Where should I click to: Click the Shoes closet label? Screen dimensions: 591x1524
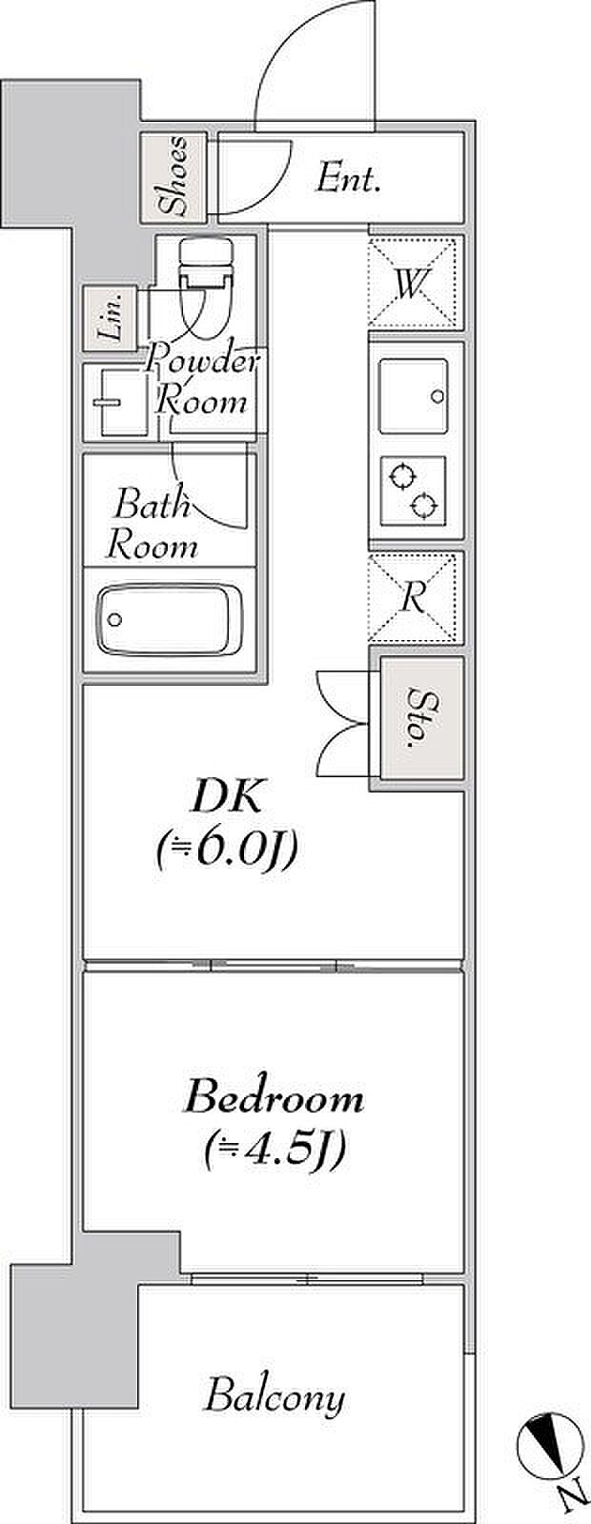coord(173,176)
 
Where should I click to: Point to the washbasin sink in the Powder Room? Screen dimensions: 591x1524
coord(115,401)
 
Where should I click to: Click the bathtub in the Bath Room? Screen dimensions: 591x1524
coord(171,619)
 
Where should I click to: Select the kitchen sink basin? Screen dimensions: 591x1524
coord(414,394)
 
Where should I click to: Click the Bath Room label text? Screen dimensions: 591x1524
coord(153,525)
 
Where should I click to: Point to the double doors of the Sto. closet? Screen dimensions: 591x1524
coord(343,724)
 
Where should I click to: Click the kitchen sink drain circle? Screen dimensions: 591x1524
coord(438,395)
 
